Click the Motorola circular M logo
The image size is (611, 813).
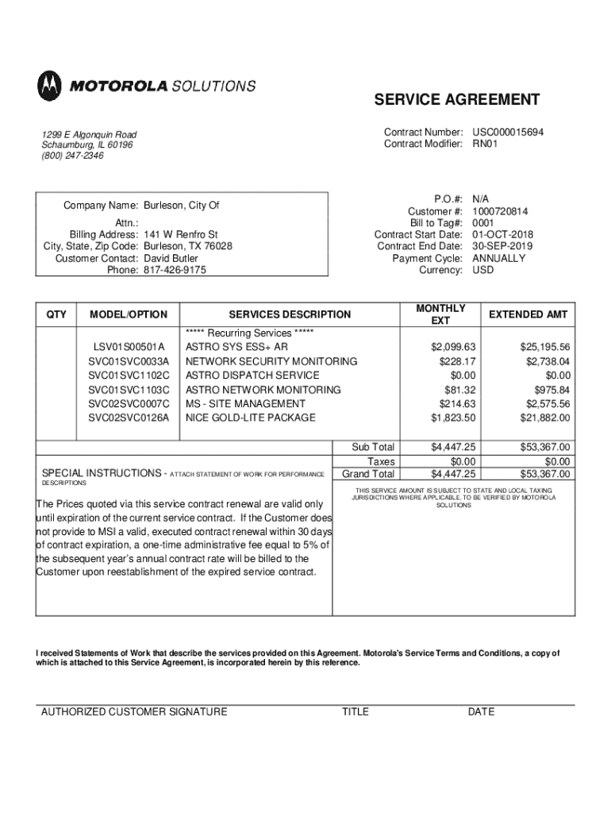[48, 84]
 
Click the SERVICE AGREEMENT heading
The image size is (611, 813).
[457, 100]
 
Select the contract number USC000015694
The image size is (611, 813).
[508, 132]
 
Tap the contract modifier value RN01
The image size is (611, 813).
[486, 144]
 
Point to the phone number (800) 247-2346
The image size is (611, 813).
[73, 156]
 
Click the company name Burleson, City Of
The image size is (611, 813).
[181, 206]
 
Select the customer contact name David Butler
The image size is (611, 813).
[171, 258]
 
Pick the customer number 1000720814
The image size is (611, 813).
[501, 212]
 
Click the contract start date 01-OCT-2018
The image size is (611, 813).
[503, 235]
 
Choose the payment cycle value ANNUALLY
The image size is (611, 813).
[498, 258]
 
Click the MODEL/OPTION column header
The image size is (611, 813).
[129, 315]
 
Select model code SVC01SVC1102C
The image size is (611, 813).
[129, 376]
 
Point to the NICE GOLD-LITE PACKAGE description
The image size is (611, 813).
[250, 418]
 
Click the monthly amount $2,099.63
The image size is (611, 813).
[453, 347]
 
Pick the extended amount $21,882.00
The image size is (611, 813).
[545, 418]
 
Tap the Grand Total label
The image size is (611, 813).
[368, 474]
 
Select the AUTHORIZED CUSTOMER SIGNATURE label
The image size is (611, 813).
[134, 711]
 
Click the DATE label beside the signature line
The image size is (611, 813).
[481, 711]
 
